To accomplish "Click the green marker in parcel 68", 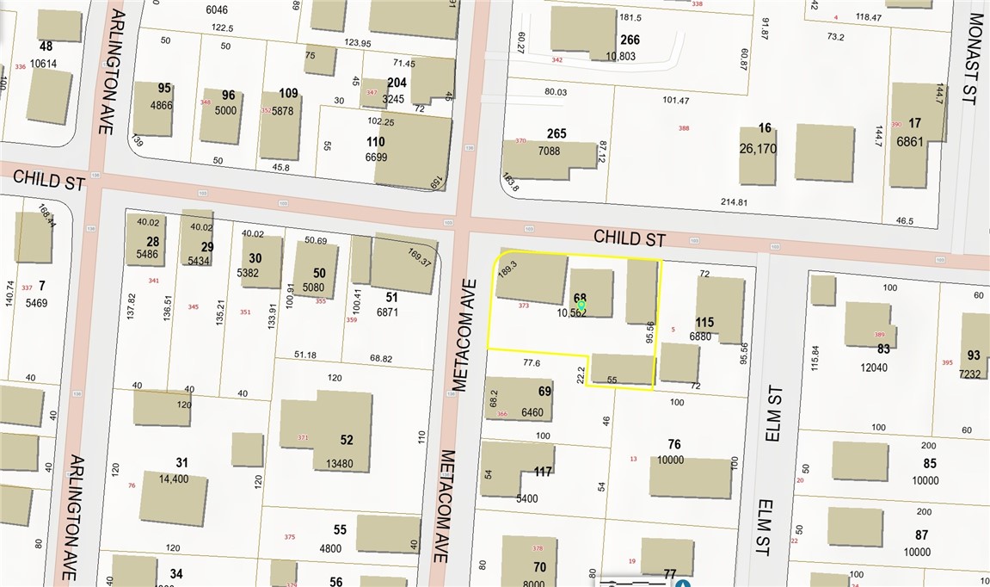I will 581,306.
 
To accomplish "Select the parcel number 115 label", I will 704,323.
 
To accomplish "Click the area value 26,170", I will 758,148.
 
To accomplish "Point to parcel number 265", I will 556,133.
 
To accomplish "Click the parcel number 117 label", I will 543,472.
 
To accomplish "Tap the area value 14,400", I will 173,479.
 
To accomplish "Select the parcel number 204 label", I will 397,83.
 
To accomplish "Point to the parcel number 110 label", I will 375,142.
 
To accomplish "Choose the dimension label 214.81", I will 738,202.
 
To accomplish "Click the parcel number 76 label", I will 674,445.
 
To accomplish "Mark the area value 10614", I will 42,64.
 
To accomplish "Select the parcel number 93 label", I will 974,355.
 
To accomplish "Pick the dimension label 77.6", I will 531,363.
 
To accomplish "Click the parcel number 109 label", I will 288,94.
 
